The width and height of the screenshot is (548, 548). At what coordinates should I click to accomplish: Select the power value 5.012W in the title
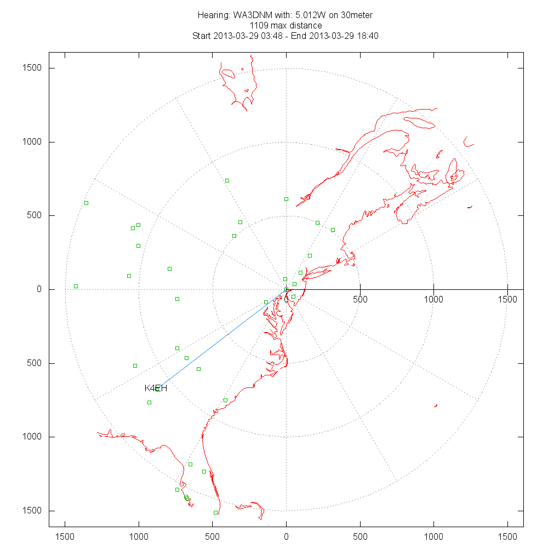point(299,15)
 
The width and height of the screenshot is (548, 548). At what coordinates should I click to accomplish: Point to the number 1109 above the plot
point(259,25)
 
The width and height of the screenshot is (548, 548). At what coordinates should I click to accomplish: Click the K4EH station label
point(156,389)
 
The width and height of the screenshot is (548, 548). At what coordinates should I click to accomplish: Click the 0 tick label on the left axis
point(39,289)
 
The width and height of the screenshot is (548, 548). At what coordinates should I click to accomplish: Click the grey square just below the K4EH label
point(149,402)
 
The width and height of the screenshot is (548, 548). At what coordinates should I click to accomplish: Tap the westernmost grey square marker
point(76,286)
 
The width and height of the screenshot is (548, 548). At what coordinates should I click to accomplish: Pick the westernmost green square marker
point(86,203)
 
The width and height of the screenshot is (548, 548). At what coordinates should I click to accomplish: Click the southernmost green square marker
point(215,512)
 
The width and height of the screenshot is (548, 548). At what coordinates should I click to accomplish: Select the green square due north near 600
point(286,199)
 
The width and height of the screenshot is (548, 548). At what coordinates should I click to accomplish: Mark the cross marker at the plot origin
point(286,289)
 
